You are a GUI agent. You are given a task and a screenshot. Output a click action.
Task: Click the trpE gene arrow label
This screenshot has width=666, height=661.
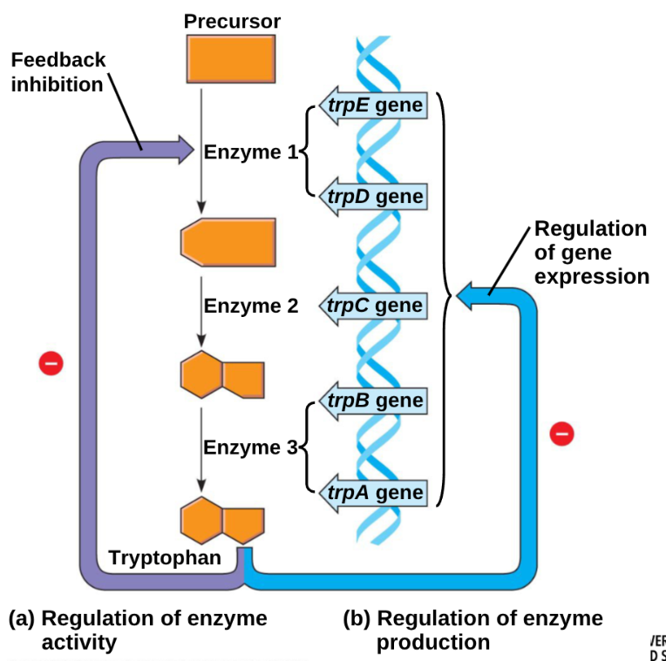click(374, 106)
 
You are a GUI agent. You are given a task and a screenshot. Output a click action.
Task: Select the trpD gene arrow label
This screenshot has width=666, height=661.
click(374, 197)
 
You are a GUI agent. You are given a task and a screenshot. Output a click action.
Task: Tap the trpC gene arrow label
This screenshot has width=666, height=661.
click(374, 306)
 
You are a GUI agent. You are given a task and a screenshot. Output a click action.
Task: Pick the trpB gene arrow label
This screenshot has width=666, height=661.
click(374, 401)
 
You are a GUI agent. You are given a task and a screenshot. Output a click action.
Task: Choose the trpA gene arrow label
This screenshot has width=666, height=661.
click(374, 494)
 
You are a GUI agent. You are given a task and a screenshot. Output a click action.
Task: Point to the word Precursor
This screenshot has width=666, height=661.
click(232, 20)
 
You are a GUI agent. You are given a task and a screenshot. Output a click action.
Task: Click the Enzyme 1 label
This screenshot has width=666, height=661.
click(250, 152)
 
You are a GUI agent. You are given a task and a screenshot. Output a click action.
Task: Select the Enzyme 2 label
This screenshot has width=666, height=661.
click(250, 306)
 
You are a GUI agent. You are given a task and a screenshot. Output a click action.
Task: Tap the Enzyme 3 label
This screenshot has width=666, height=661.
click(250, 448)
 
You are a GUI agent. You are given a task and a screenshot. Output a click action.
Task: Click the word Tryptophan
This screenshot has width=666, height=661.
click(165, 557)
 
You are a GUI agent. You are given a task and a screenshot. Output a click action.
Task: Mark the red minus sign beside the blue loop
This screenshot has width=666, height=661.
click(562, 432)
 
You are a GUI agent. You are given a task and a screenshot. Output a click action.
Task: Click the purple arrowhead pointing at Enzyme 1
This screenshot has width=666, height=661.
click(184, 149)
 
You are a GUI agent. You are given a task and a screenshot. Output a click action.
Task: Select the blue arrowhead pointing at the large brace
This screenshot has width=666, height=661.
click(468, 296)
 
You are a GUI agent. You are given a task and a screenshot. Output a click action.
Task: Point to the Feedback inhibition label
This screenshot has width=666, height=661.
click(58, 71)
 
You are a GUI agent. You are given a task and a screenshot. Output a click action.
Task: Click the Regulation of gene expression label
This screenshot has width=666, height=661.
click(591, 253)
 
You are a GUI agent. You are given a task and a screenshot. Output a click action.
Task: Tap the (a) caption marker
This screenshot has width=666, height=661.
click(21, 619)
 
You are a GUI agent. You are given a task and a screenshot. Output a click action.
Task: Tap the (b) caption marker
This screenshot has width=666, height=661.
click(356, 619)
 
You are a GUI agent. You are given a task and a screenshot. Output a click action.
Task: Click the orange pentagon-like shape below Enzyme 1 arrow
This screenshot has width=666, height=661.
click(228, 240)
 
